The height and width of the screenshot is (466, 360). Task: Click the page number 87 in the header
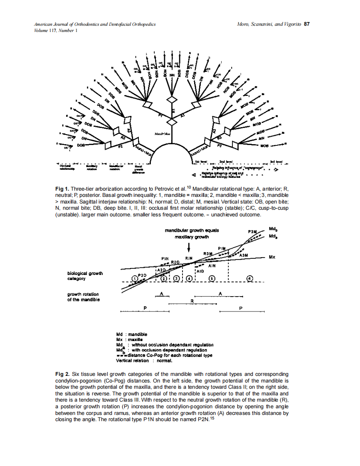(x=307, y=24)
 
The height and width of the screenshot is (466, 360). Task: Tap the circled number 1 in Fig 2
(x=134, y=278)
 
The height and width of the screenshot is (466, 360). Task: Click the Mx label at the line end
(x=272, y=257)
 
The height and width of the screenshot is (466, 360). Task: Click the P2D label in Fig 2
(x=142, y=275)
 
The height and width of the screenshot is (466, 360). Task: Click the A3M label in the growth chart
(x=244, y=256)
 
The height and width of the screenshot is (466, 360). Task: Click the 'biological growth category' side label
(x=85, y=276)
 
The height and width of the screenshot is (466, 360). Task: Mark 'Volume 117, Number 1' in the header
(x=56, y=30)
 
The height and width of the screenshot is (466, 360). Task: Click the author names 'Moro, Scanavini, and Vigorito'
(x=269, y=24)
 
